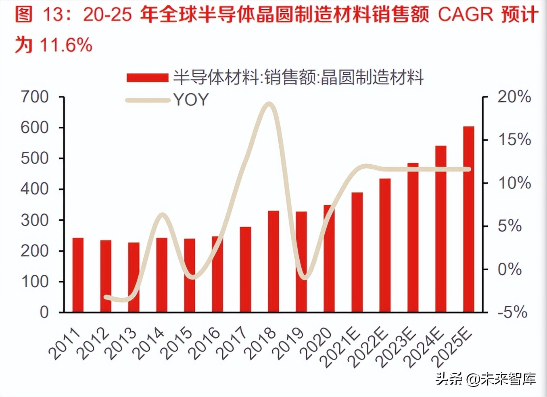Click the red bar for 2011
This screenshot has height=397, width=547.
pos(78,275)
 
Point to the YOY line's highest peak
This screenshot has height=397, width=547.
pos(270,104)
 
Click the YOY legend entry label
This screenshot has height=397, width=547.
pos(191,100)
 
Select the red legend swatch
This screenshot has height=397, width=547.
pos(147,77)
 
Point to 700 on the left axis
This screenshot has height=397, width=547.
pos(35,97)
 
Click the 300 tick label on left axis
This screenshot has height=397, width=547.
pos(35,220)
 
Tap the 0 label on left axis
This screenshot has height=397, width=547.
pos(44,312)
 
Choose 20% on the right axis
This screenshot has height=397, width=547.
pos(514,97)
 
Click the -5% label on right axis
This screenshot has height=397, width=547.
pos(512,312)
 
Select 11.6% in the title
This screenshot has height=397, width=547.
pos(66,44)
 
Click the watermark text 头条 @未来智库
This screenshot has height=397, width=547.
pos(486,379)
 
